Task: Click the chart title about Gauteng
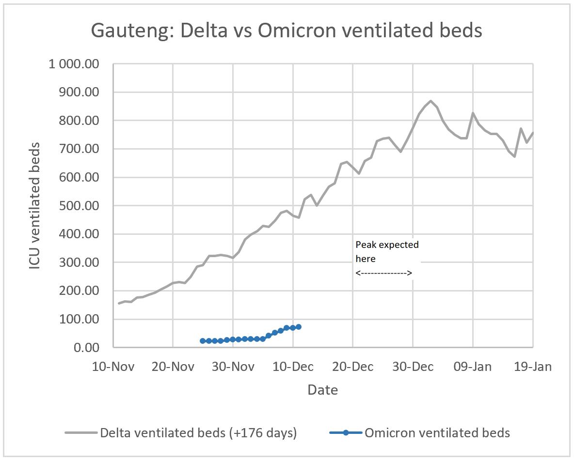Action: point(287,31)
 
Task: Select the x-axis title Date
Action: point(322,390)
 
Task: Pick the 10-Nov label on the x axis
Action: point(113,367)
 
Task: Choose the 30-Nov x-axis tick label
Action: point(233,367)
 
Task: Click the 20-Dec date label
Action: point(353,367)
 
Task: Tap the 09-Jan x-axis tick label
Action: point(473,367)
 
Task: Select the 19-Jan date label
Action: point(532,367)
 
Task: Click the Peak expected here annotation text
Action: point(386,252)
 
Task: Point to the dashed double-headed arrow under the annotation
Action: point(383,274)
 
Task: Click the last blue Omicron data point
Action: point(299,327)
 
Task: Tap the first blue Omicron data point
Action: point(203,341)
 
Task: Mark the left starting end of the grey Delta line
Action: point(119,304)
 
